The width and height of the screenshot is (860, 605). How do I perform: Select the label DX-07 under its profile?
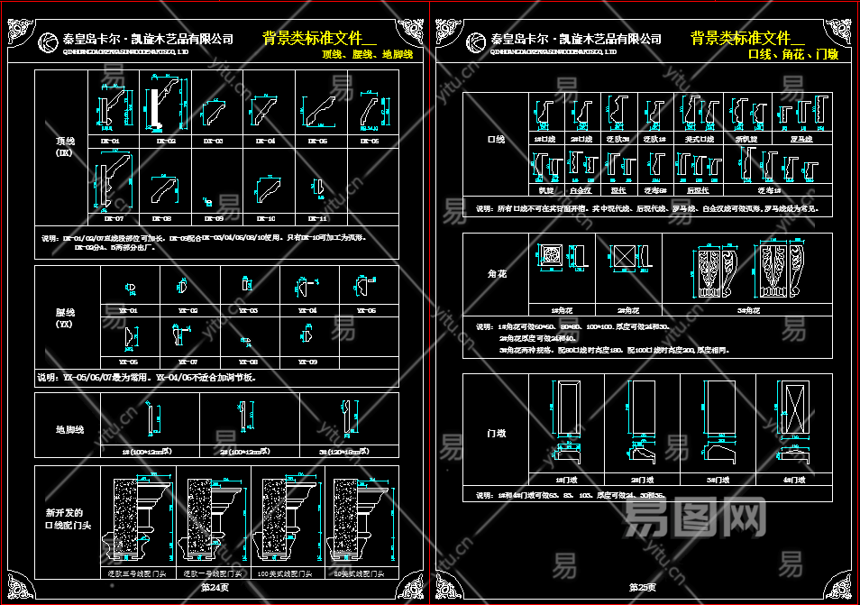113,218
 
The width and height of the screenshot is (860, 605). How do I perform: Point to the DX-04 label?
266,142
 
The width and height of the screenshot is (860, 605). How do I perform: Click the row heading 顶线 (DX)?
63,147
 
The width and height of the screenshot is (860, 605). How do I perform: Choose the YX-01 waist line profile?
130,289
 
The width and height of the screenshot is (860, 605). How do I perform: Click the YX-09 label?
307,362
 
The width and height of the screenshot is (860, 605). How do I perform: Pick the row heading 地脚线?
69,429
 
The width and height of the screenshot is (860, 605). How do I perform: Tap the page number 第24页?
215,587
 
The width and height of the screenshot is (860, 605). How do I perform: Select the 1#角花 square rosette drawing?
549,257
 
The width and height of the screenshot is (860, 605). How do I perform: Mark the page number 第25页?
642,587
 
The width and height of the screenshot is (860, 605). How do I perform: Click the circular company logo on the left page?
50,41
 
